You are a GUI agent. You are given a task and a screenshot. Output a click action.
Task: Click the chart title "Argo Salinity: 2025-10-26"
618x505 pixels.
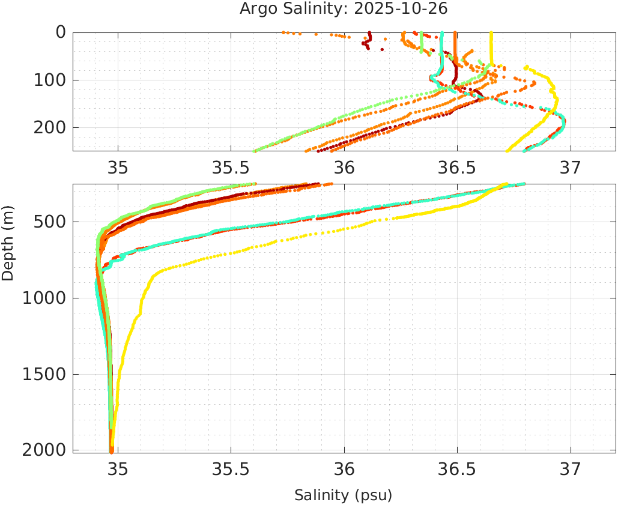pyautogui.click(x=344, y=9)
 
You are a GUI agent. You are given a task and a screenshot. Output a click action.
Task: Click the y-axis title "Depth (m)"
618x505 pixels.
pyautogui.click(x=8, y=241)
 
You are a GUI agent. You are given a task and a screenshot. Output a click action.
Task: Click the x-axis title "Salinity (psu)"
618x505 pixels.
pyautogui.click(x=344, y=495)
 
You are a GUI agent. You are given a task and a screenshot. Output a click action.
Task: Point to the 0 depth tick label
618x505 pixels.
pyautogui.click(x=61, y=32)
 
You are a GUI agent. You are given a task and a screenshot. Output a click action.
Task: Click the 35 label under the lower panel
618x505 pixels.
pyautogui.click(x=118, y=468)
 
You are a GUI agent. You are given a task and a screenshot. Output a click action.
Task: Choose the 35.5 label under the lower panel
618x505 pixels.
pyautogui.click(x=231, y=468)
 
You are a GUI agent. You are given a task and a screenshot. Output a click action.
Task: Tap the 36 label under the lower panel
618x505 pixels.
pyautogui.click(x=344, y=468)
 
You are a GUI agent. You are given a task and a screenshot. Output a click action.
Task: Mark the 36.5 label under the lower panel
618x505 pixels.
pyautogui.click(x=457, y=468)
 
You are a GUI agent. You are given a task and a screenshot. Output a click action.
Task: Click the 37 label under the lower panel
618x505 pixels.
pyautogui.click(x=571, y=468)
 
